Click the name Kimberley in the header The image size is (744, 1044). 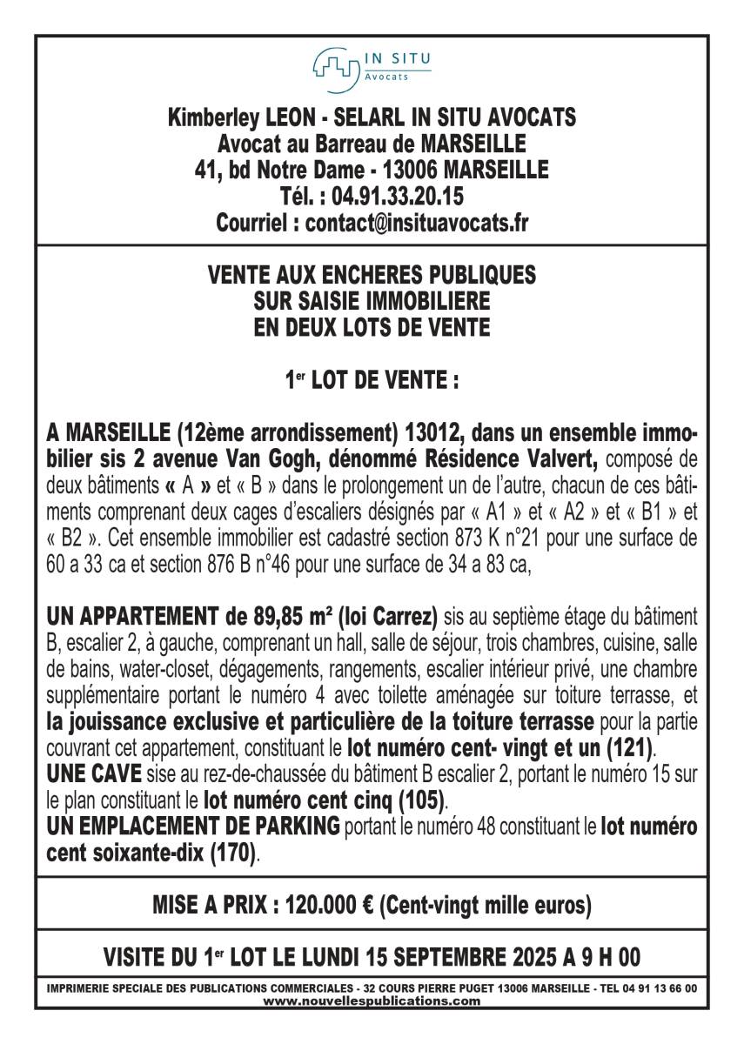tap(210, 117)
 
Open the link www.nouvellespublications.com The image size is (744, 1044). tap(372, 1000)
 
